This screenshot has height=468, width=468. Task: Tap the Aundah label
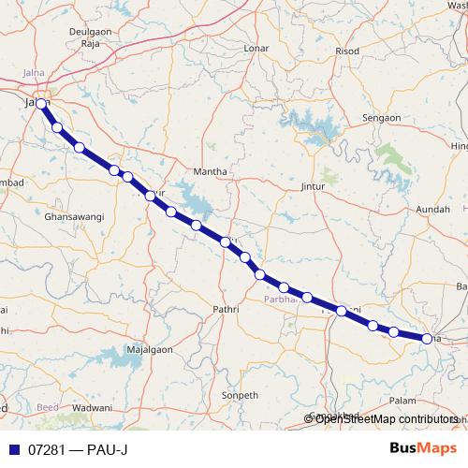(432, 208)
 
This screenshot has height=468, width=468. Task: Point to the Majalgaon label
(154, 348)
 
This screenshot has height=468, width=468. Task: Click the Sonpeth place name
(238, 396)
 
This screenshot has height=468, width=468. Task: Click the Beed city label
(46, 409)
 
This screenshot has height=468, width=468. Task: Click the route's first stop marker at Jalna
(41, 104)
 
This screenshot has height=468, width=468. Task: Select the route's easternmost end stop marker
(427, 339)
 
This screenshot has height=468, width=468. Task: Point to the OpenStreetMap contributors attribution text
(386, 419)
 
